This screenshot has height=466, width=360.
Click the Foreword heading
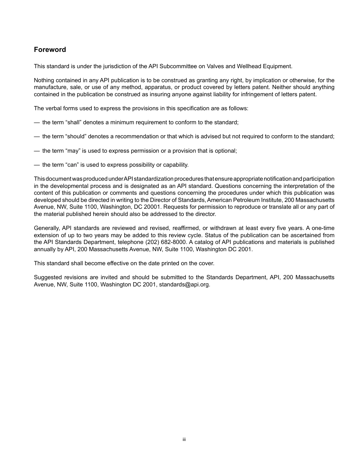pos(50,50)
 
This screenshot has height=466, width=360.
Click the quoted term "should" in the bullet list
pos(77,136)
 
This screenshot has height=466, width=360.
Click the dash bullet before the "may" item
pos(37,151)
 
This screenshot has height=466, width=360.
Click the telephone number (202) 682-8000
pos(165,242)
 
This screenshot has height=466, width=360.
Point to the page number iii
pos(184,439)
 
